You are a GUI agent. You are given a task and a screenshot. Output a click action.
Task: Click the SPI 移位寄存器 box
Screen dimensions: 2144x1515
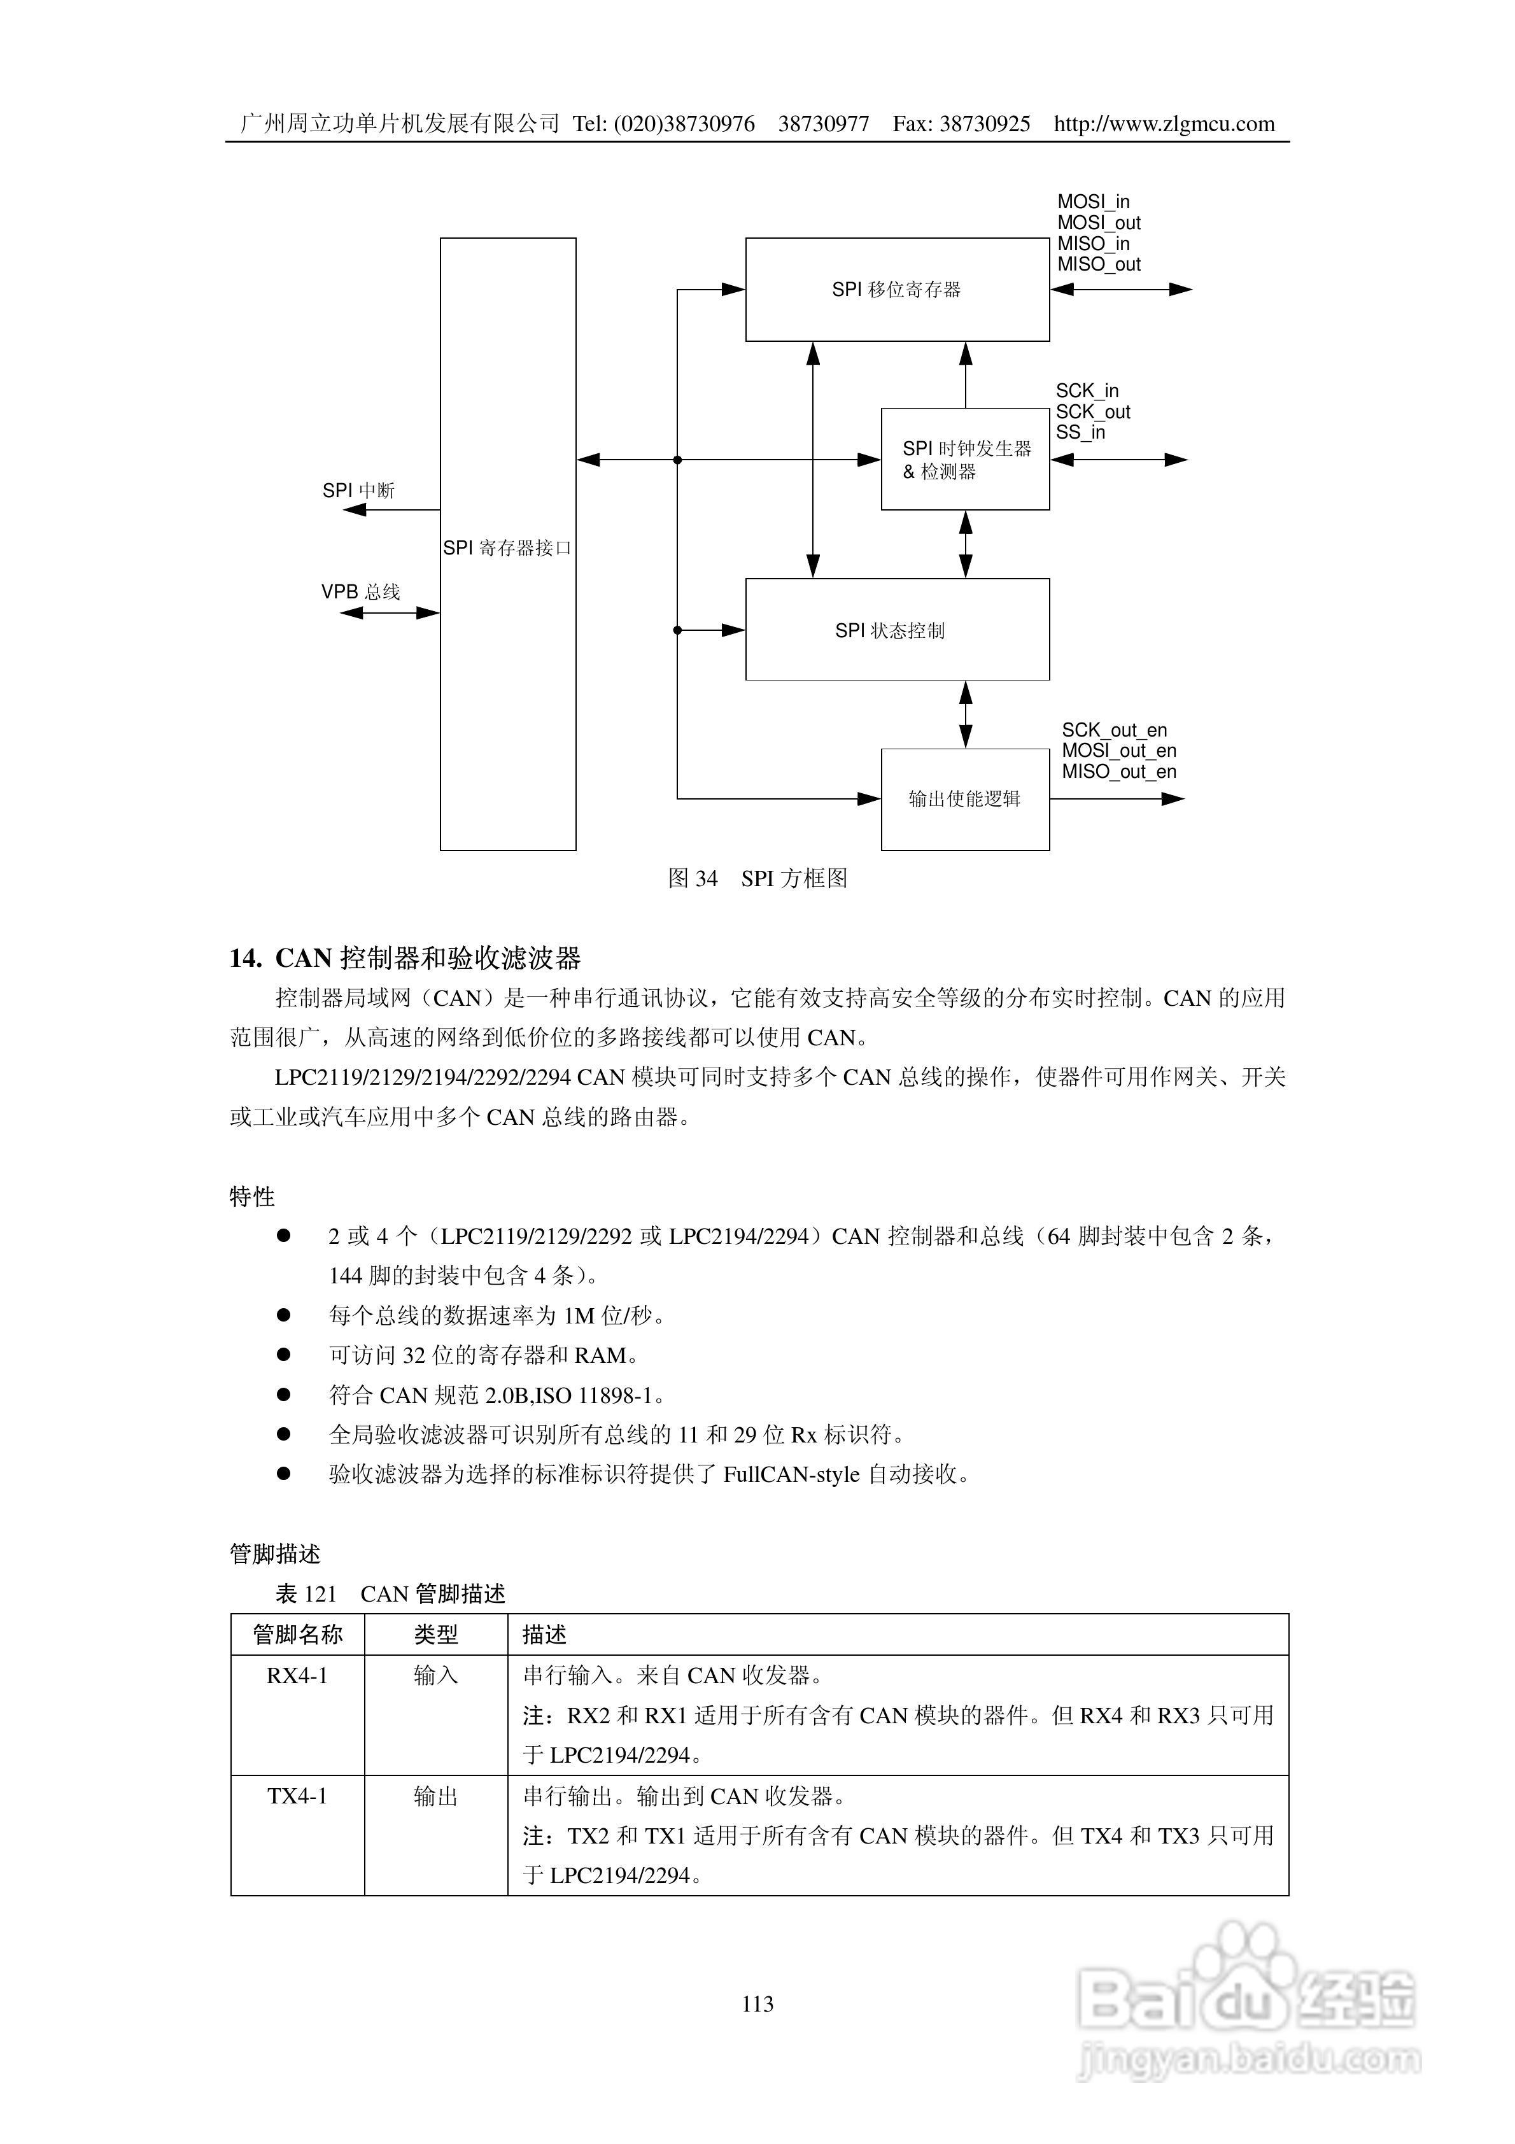[897, 290]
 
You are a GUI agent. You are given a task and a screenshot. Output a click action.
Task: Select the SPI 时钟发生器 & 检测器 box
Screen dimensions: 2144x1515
[965, 460]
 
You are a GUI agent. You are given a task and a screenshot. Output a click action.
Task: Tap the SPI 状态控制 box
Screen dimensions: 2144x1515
[897, 630]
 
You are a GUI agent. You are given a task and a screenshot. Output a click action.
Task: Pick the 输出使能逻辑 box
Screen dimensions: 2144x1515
[965, 800]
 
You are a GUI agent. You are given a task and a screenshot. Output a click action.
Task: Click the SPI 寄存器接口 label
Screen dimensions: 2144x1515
[507, 548]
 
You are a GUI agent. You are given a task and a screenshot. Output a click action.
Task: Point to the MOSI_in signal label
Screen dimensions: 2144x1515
[1093, 202]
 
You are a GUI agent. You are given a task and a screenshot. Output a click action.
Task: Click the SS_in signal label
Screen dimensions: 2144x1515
[1081, 432]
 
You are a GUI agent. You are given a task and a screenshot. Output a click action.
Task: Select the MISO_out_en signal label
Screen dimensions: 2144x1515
[1119, 772]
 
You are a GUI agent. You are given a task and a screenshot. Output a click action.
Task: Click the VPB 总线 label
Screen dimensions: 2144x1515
[360, 592]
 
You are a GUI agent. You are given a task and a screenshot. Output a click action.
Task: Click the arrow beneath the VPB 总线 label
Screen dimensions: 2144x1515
[390, 614]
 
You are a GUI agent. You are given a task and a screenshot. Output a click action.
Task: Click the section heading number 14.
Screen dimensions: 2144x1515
[244, 958]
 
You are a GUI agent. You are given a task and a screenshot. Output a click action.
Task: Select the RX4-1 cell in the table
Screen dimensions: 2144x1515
[297, 1676]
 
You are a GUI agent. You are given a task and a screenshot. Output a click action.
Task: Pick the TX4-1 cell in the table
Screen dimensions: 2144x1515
[297, 1796]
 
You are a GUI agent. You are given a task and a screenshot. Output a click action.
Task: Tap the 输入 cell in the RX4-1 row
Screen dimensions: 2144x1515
[435, 1676]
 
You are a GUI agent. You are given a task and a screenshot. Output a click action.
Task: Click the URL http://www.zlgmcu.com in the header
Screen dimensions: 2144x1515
[1164, 124]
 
